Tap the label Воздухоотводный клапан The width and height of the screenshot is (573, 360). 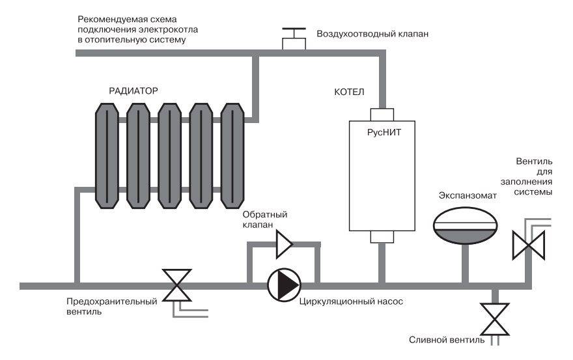[x=372, y=34]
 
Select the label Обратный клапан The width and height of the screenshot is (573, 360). [x=265, y=219]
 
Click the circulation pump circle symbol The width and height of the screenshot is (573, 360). [x=284, y=284]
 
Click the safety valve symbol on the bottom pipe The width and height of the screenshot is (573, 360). [x=176, y=285]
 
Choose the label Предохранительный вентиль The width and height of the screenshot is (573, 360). [x=112, y=307]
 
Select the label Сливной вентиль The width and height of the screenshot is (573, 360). [x=446, y=340]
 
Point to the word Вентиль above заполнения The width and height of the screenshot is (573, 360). [x=534, y=161]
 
